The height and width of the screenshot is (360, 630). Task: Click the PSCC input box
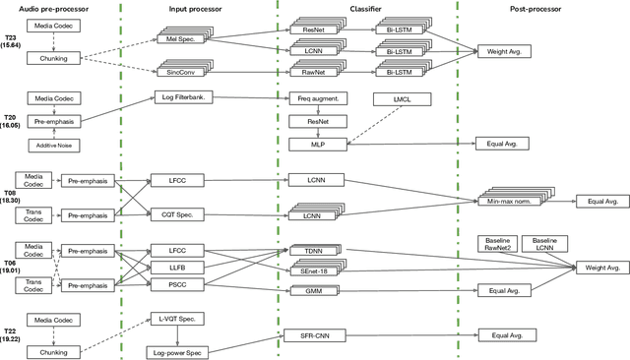pyautogui.click(x=177, y=284)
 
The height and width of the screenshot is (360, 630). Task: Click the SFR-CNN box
pyautogui.click(x=315, y=335)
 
